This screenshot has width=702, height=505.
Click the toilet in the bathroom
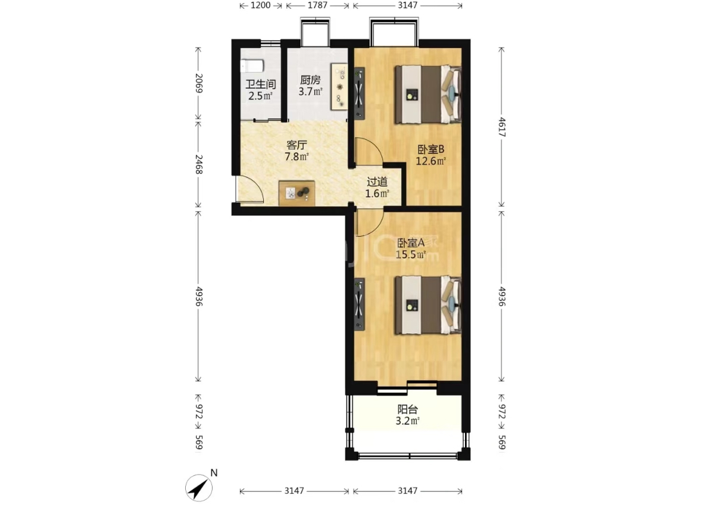tap(252, 66)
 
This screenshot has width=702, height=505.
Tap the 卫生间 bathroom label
tap(261, 84)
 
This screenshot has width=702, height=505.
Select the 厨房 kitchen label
tap(310, 80)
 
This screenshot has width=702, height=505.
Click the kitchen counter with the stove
tap(339, 86)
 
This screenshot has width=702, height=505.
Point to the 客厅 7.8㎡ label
tap(297, 150)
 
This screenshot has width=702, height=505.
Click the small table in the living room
tap(297, 193)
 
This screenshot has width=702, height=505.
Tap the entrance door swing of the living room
tap(250, 190)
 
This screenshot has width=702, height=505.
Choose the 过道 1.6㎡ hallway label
tap(377, 187)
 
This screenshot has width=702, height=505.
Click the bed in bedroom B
tap(428, 95)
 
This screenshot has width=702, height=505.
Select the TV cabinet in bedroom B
tap(359, 93)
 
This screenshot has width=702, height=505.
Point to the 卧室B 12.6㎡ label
tap(430, 155)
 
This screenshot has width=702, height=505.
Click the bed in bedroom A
tap(428, 305)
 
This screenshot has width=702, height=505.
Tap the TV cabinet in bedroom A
tap(359, 304)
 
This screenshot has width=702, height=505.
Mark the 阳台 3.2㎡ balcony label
tap(407, 415)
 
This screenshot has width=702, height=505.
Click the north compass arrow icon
tap(199, 487)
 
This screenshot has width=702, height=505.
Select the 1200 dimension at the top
tap(261, 5)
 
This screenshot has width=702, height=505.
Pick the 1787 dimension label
tap(317, 5)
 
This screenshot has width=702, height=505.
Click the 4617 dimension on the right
tap(501, 127)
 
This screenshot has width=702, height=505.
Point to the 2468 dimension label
tap(199, 165)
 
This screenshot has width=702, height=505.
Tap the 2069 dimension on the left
tap(199, 83)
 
